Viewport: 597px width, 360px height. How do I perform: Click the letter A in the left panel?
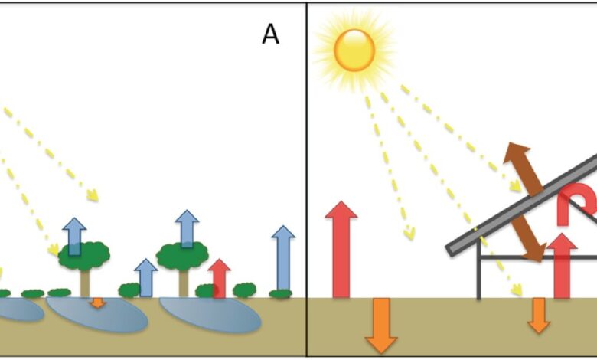[271, 34]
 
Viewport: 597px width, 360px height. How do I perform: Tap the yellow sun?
[354, 51]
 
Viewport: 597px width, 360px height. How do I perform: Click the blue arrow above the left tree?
[74, 236]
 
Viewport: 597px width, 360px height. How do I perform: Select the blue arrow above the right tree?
[187, 228]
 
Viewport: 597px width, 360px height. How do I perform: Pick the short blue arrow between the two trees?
[146, 278]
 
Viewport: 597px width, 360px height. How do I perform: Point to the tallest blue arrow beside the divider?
[283, 259]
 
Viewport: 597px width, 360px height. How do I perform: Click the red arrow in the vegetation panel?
[220, 279]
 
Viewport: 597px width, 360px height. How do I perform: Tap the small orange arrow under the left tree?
[98, 303]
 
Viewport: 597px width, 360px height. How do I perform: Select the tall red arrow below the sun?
[341, 250]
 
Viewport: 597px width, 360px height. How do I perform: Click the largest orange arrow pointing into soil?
[381, 326]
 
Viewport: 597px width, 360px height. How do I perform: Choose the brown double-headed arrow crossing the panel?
[524, 202]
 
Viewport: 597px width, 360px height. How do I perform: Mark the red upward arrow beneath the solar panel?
[562, 266]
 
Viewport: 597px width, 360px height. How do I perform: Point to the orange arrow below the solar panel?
[539, 316]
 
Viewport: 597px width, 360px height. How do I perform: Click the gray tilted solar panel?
[522, 205]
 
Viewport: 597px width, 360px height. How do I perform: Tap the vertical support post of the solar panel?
[478, 270]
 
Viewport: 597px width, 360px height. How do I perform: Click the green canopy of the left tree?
[83, 255]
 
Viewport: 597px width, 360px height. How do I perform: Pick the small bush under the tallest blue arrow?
[281, 293]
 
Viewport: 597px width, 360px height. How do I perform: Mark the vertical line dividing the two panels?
[307, 180]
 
